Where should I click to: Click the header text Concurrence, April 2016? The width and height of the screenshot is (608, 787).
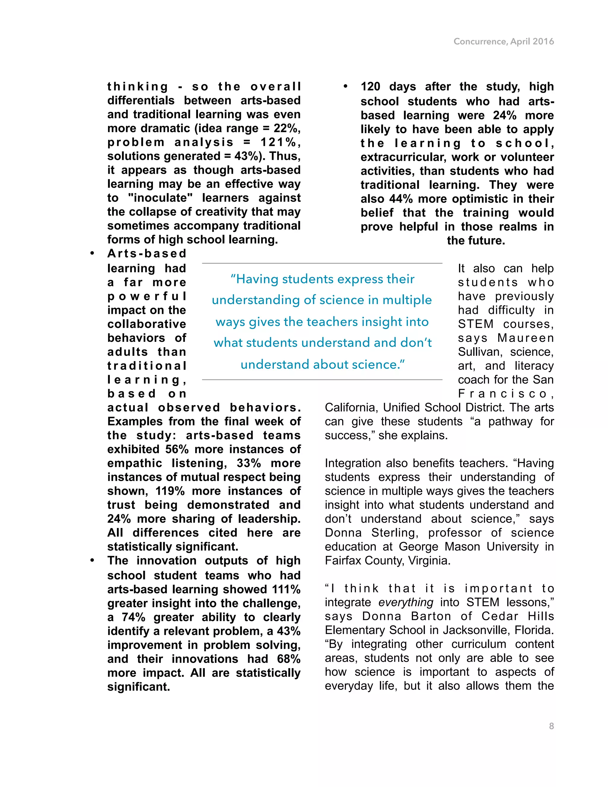tap(503, 42)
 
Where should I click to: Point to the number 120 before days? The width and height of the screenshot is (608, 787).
tap(370, 86)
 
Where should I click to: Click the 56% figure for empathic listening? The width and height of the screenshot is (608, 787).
tap(177, 449)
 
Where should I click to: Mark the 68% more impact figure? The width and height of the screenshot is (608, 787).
tap(289, 659)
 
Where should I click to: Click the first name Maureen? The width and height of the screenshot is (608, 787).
tap(525, 338)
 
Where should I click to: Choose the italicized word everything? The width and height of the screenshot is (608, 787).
tap(406, 602)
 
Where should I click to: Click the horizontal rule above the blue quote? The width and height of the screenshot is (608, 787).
tap(322, 263)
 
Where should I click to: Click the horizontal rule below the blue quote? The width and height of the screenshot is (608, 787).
tap(322, 380)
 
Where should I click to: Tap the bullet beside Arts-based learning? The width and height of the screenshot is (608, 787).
tap(92, 254)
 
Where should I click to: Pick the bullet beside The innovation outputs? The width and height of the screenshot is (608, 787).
tap(92, 561)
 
